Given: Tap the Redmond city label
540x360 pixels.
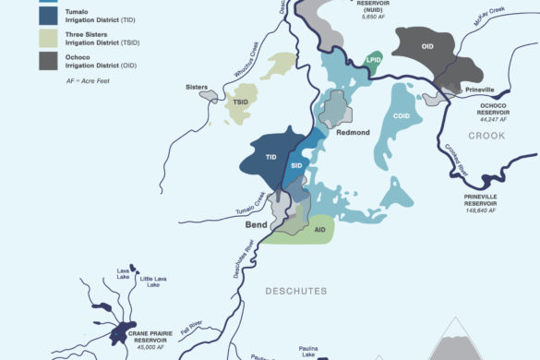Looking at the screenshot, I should pos(352,133).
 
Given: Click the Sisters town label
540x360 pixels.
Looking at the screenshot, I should pos(196,87).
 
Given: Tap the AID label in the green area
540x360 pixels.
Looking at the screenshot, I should pos(319,230).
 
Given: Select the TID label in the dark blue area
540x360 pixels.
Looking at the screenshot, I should pos(271,158).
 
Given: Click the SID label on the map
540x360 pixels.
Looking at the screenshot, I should pos(296,165).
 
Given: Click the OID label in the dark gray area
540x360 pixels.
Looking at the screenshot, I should pos(427,46).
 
